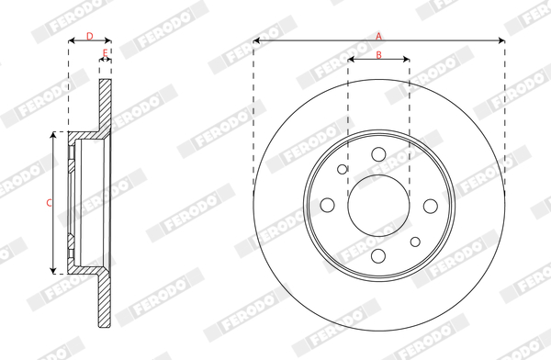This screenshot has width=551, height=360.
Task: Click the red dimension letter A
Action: coord(378,36)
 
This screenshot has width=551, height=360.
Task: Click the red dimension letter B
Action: coord(378,54)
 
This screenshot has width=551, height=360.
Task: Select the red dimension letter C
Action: coord(50,202)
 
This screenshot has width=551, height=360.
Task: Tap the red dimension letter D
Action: coord(90,36)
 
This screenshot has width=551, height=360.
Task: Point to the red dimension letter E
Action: coord(105,52)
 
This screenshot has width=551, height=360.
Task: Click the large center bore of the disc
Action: coord(378,206)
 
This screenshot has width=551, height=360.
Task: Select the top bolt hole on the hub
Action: coord(378,154)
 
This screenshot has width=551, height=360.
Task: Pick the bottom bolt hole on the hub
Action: coord(378,256)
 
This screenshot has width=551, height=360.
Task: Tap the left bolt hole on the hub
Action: coord(328,205)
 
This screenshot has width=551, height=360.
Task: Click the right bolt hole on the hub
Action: coord(431,206)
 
